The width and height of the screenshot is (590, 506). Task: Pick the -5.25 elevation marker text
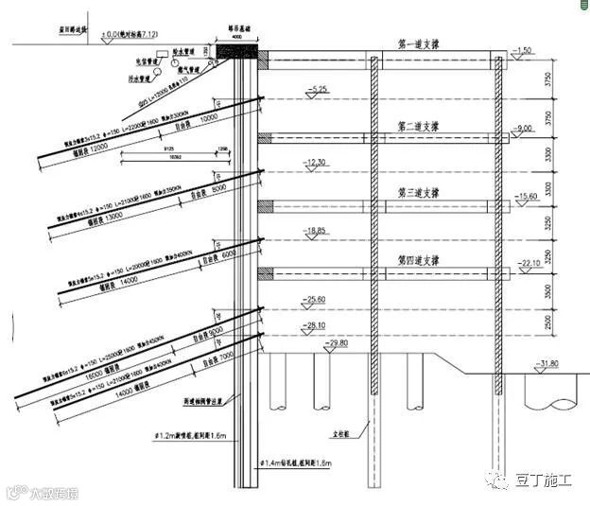click(315, 90)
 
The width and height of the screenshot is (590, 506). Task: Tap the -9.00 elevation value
click(524, 128)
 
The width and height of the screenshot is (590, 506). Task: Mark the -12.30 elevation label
click(315, 163)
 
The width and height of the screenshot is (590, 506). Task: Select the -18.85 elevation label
click(315, 230)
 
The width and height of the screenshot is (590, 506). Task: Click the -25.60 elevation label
click(315, 300)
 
